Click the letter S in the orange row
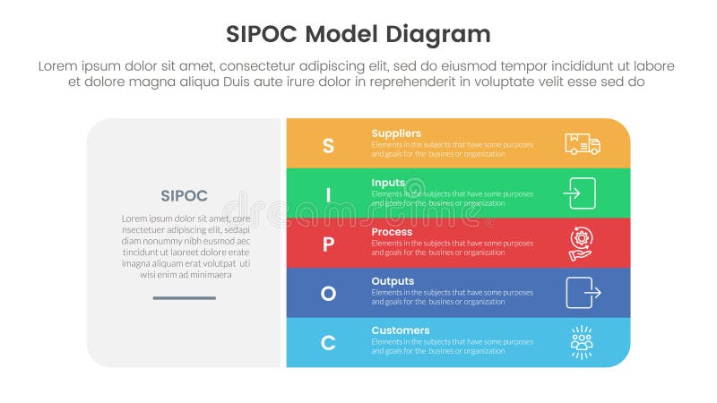tap(328, 145)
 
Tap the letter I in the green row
tap(328, 194)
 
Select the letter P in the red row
tap(328, 244)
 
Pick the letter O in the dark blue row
tap(328, 293)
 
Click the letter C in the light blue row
tap(328, 342)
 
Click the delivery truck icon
tap(583, 143)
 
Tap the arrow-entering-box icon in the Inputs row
tap(580, 193)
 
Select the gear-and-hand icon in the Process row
tap(581, 243)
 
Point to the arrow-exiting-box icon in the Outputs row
tap(583, 292)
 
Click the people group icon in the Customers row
tap(582, 342)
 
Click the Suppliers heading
tap(396, 133)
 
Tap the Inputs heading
tap(388, 183)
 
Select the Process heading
tap(392, 232)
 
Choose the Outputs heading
tap(393, 281)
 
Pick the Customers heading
tap(401, 330)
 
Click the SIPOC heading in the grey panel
tap(184, 195)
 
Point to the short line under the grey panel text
tap(184, 297)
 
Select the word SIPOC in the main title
tap(261, 34)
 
